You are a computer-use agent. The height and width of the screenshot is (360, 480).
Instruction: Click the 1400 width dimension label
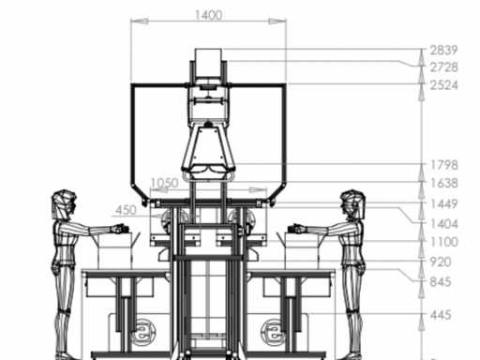pos(208,15)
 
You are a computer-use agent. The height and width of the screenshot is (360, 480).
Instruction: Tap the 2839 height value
pos(443,50)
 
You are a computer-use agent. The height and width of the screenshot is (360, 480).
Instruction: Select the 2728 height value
pos(443,67)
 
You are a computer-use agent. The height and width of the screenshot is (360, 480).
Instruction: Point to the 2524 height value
pos(443,85)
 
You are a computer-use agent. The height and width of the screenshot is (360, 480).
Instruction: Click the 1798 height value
pos(444,165)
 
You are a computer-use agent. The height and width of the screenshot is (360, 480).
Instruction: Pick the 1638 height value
pos(444,183)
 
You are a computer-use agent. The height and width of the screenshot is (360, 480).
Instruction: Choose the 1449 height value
pos(444,204)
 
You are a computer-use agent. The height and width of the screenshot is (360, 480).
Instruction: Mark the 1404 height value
pos(444,224)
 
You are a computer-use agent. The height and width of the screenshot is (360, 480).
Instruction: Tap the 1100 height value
pos(444,242)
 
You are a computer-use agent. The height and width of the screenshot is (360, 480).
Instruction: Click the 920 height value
pos(441,262)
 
